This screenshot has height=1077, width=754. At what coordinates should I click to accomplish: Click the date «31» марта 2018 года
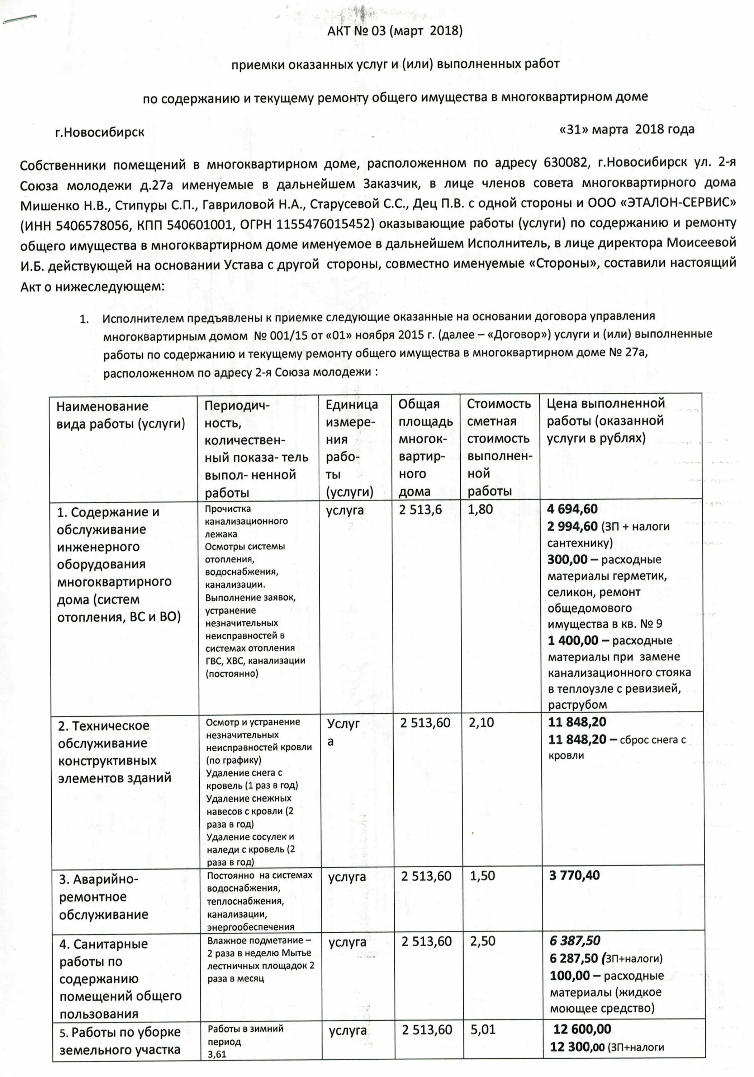[x=626, y=130]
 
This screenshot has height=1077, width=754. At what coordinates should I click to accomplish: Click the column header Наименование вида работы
[x=121, y=415]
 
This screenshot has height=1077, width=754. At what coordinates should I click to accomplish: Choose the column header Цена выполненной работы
[x=606, y=420]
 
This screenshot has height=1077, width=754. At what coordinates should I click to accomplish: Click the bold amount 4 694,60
[x=572, y=509]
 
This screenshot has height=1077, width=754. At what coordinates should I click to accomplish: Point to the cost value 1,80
[x=480, y=509]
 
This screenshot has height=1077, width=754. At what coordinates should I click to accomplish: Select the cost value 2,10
[x=481, y=722]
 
